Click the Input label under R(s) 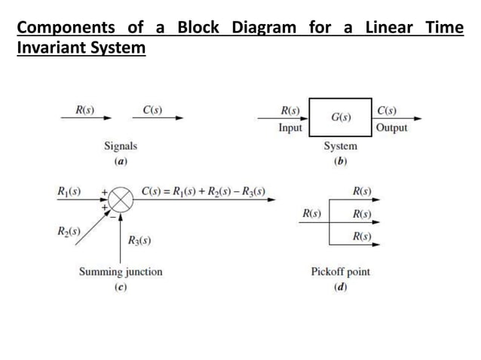tap(290, 128)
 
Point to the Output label tap(391, 128)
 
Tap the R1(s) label tap(69, 191)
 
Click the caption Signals tap(121, 146)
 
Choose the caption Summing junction tap(121, 271)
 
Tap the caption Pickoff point tap(341, 271)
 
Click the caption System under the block tap(341, 146)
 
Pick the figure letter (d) tap(340, 287)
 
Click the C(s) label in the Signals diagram tap(152, 110)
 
